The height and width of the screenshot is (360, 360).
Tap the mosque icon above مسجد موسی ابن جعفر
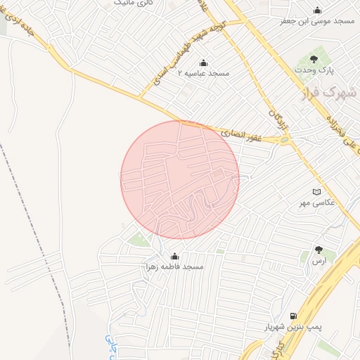(x=318, y=10)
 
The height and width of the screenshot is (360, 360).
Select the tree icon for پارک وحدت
(x=314, y=59)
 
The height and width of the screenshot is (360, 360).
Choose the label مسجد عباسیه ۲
(x=203, y=73)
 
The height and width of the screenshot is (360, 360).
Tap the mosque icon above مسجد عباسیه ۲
(x=204, y=62)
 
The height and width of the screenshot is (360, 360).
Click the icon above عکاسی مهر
(x=316, y=191)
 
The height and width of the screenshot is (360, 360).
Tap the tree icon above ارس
(x=319, y=250)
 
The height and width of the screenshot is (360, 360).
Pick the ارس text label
(x=320, y=260)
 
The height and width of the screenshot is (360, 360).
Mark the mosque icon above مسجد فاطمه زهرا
(x=174, y=255)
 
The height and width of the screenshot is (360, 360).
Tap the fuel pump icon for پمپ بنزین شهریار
(x=292, y=316)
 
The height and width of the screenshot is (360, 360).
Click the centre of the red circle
(x=180, y=180)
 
